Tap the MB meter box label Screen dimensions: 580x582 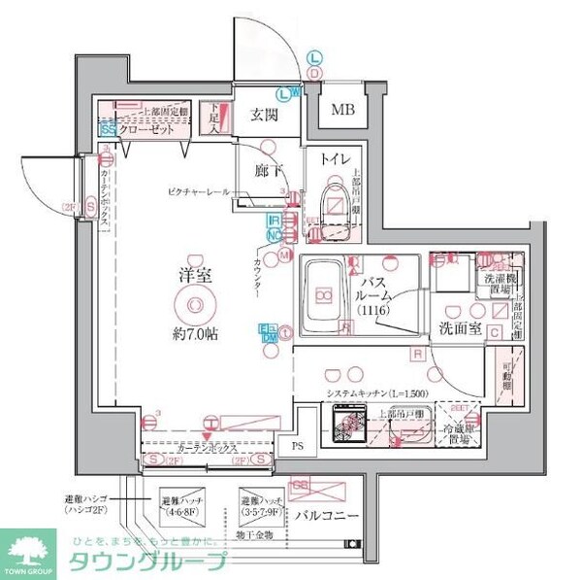(343, 109)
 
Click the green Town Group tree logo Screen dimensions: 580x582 (30, 551)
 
